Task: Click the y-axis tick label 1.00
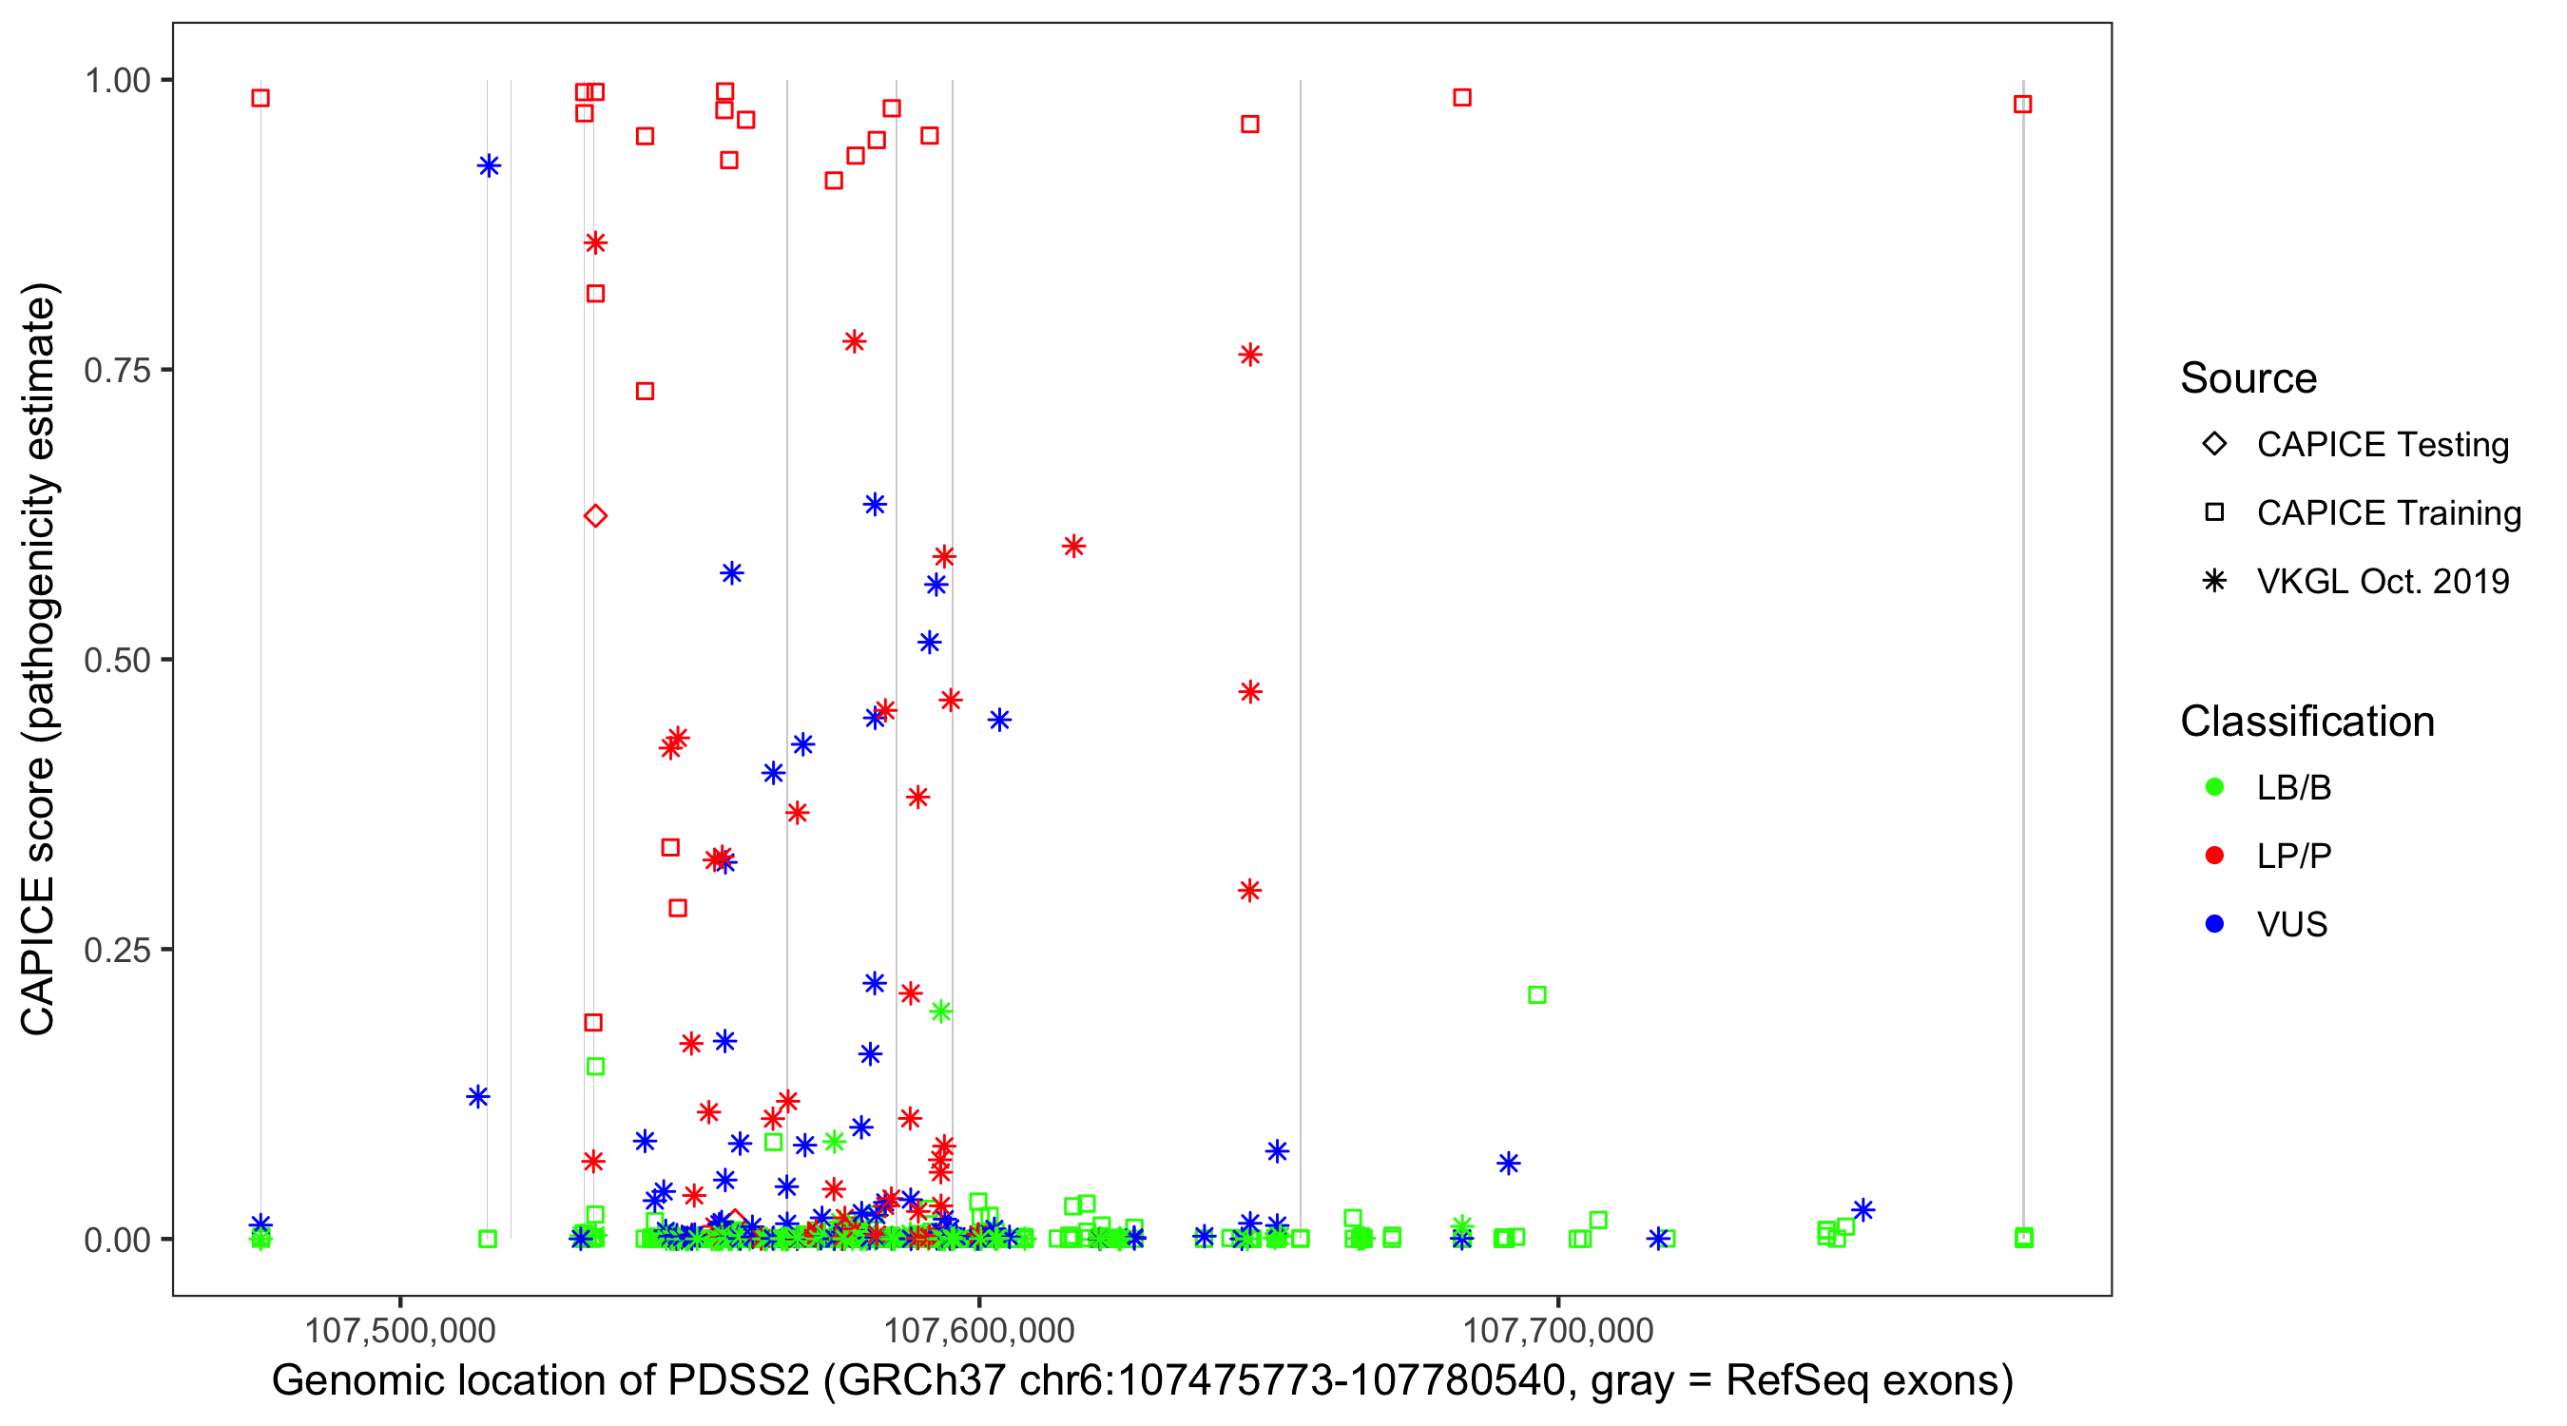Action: coord(117,80)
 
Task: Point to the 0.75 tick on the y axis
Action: coord(117,370)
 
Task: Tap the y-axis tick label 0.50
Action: coord(117,660)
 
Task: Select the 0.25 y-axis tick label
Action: coord(117,950)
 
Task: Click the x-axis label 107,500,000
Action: coord(399,1330)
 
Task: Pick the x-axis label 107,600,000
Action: coord(979,1330)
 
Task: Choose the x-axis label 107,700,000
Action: coord(1558,1330)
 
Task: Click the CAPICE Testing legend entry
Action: coord(2382,445)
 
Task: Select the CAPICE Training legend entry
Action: coord(2387,513)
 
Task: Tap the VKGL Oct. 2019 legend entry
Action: coord(2382,582)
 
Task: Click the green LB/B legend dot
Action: coord(2214,787)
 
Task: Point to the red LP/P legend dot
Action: coord(2214,856)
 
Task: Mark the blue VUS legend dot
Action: coord(2214,925)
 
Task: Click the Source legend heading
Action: coord(2249,378)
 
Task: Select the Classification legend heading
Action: coord(2306,722)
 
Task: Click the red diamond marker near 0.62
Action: coord(595,515)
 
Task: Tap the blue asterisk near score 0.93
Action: coord(489,165)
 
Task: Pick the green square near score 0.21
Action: coord(1536,994)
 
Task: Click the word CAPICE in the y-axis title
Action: coord(38,955)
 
